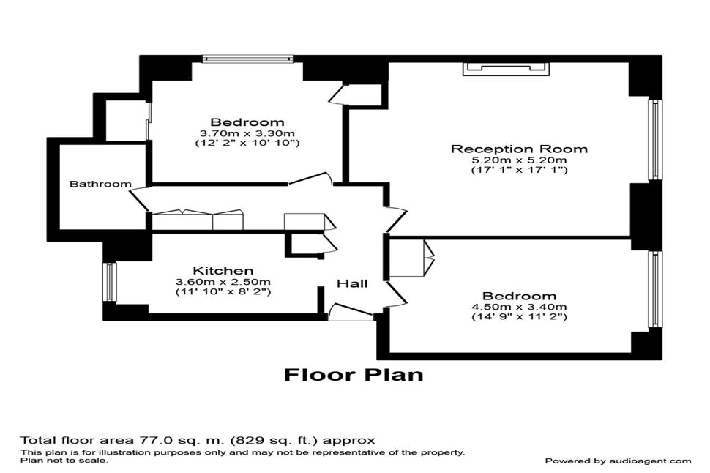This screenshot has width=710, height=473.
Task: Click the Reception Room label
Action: pos(519,149)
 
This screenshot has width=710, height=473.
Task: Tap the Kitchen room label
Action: pos(223,270)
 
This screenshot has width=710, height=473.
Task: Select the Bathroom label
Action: pos(100,184)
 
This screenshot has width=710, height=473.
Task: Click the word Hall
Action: pos(352,283)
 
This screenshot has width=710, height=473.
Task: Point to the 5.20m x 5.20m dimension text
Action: pos(519,160)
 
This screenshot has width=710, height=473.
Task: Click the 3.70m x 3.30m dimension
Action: pos(247,133)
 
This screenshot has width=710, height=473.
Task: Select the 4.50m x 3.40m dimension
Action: pos(519,306)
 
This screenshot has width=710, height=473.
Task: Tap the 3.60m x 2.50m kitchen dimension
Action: pos(223,282)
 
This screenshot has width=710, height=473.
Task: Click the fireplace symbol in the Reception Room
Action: pos(505,69)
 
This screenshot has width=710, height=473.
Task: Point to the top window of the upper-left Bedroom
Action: pos(247,59)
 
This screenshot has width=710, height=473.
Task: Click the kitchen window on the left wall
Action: pos(109,282)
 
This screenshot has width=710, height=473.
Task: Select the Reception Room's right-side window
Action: pos(655,139)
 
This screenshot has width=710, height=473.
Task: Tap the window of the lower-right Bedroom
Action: pos(655,289)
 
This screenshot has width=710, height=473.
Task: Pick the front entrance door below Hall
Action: pos(350,313)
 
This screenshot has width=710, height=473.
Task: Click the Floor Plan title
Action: pos(354,375)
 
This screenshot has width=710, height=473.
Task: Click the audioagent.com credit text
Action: pos(618,461)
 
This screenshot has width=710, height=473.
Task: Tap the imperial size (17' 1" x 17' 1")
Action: pos(519,170)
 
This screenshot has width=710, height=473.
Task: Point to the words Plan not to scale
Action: pos(64,461)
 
